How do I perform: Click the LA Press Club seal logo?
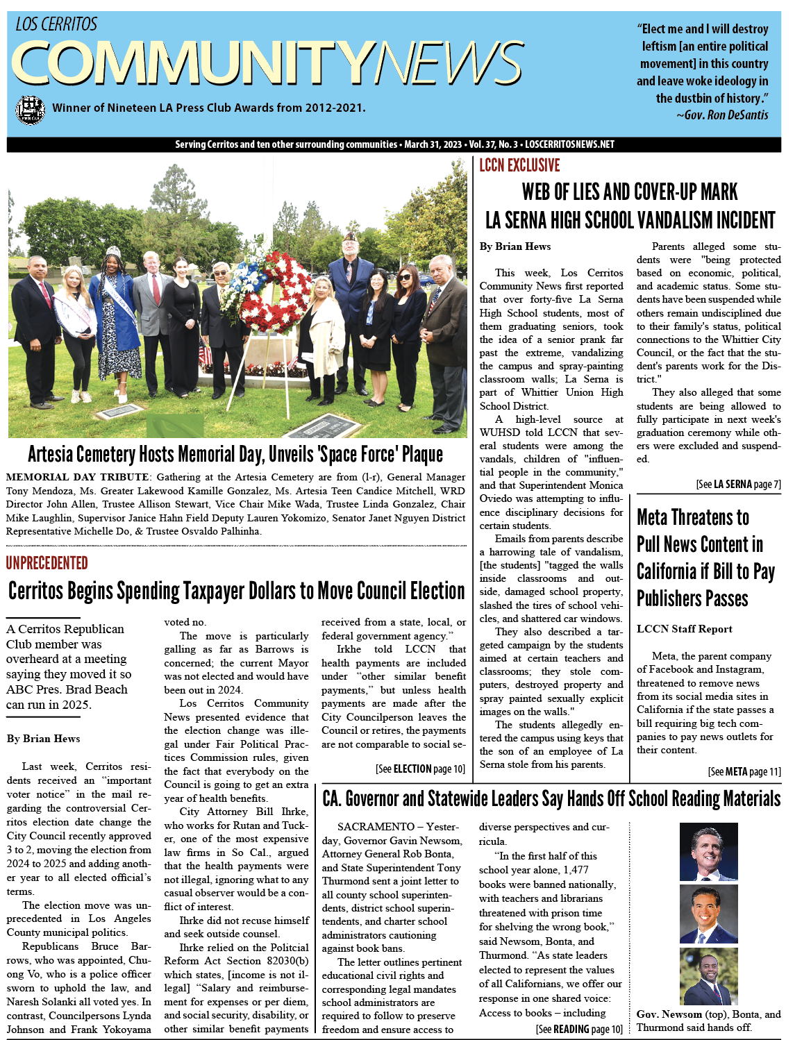coord(30,109)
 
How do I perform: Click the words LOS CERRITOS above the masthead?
coord(56,25)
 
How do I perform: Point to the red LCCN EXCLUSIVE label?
coord(519,165)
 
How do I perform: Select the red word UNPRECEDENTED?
coord(47,563)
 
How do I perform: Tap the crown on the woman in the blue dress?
coord(113,251)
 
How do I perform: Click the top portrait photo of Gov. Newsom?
coord(708,852)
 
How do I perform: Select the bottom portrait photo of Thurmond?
coord(708,976)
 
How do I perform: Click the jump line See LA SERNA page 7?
coord(738,485)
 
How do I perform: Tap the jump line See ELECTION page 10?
coord(420,769)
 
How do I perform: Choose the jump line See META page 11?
coord(744,772)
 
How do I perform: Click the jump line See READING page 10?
coord(579,1030)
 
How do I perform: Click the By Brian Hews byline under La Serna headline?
coord(515,246)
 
